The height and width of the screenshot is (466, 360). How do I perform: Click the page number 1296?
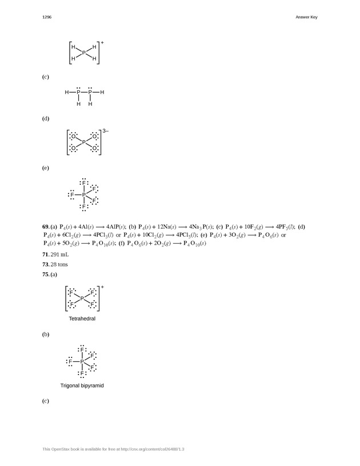click(47, 17)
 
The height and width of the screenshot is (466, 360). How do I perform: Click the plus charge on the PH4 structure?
click(102, 42)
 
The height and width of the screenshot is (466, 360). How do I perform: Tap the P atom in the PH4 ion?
click(83, 53)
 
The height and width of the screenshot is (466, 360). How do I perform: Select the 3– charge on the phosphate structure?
click(106, 132)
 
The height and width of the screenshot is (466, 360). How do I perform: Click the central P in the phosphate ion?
click(83, 142)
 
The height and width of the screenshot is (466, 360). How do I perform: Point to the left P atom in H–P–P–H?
click(78, 92)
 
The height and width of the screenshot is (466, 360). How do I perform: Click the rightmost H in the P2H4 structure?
click(102, 92)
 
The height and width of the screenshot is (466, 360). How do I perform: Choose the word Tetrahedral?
click(82, 318)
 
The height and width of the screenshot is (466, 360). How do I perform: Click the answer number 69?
click(46, 227)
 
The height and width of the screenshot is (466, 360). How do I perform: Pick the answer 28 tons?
click(57, 264)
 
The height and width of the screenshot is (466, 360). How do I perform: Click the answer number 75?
click(46, 275)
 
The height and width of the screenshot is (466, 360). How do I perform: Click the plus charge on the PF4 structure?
click(102, 286)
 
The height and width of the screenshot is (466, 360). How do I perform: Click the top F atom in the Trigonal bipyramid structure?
click(82, 349)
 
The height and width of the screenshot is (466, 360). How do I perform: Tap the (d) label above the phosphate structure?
click(45, 119)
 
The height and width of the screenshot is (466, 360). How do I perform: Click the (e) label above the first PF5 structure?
click(45, 169)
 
